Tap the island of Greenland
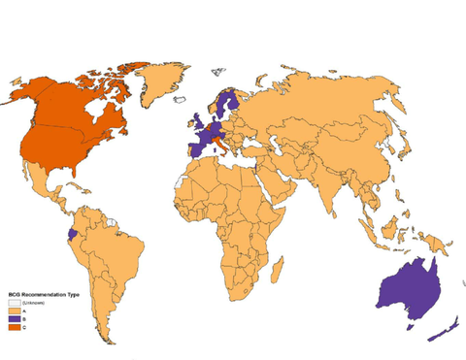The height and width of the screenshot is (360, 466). tap(155, 82)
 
